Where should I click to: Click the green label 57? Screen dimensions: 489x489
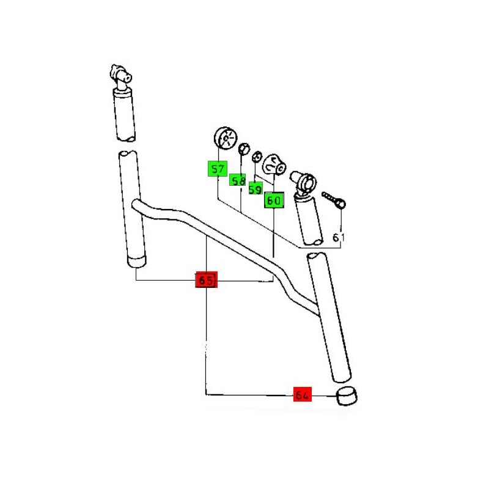pos(218,169)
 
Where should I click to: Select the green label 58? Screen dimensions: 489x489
pos(237,180)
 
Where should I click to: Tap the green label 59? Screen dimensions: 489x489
pos(256,188)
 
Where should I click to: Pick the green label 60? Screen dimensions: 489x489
pos(274,200)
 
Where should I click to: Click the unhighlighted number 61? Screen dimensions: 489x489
pos(339,238)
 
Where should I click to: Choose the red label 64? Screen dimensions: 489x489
pos(302,394)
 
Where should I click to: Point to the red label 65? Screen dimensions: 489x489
pos(206,280)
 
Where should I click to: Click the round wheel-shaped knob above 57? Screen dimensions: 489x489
pos(226,138)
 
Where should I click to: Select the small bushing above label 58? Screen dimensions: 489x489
pos(244,149)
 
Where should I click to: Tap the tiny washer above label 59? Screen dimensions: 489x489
pos(257,156)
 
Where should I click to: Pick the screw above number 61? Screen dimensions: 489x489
pos(334,200)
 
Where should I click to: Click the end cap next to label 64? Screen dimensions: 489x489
pos(347,396)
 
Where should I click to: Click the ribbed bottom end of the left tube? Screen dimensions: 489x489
pos(137,262)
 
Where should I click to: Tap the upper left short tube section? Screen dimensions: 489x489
pos(125,114)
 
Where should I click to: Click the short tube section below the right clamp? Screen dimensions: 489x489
pos(309,219)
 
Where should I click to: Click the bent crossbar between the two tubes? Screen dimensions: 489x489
pos(224,246)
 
